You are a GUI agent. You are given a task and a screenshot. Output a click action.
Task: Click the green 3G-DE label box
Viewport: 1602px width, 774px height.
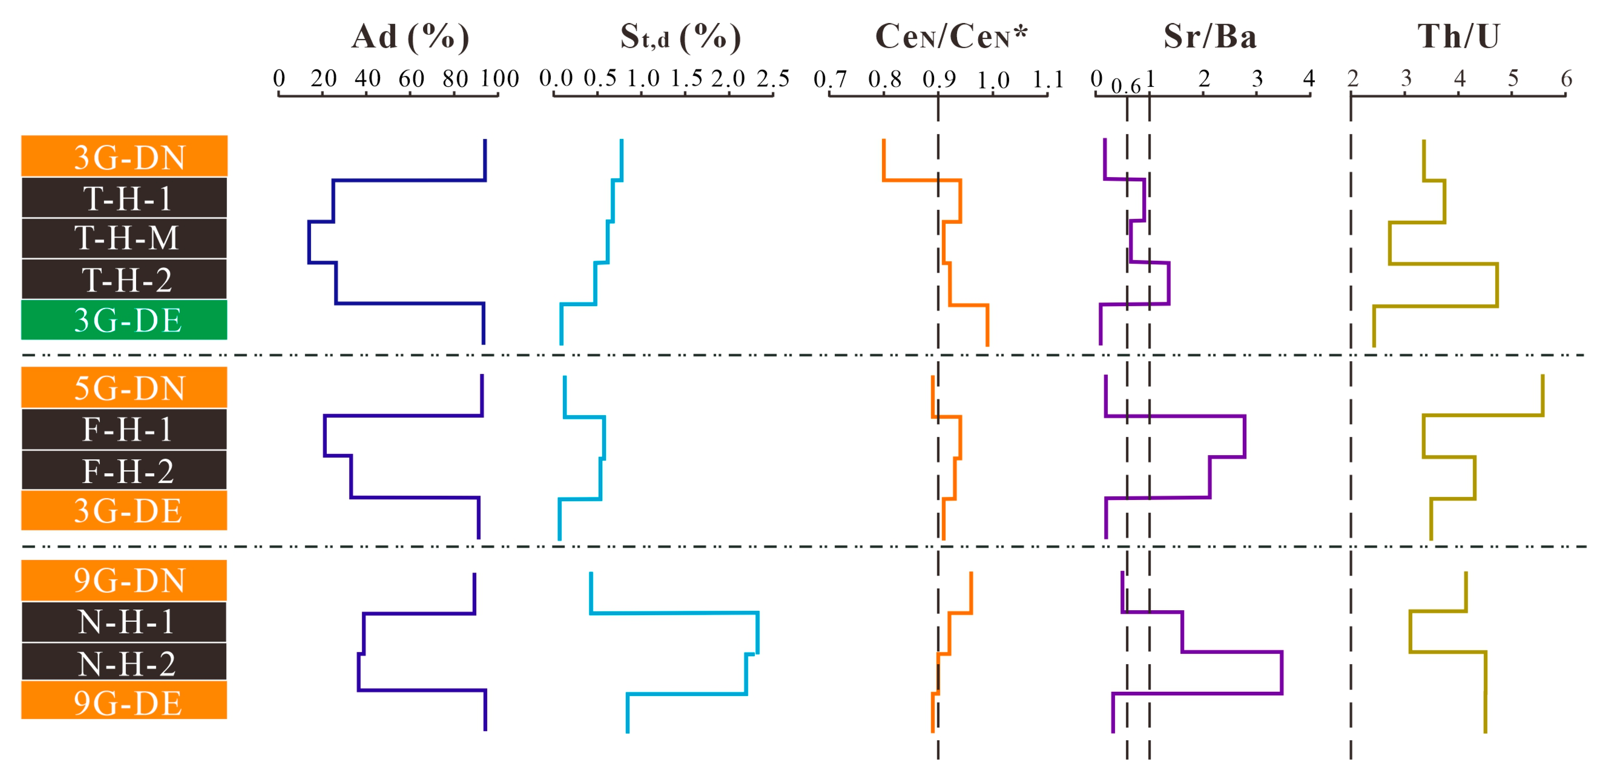click(124, 320)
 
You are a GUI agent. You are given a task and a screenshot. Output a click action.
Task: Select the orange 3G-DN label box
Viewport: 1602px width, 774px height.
click(124, 156)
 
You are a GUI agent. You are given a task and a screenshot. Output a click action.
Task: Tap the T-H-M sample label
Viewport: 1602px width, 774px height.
click(124, 238)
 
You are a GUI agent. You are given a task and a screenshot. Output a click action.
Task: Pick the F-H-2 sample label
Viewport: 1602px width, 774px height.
click(124, 471)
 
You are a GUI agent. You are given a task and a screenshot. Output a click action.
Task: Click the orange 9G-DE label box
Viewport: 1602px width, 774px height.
click(124, 701)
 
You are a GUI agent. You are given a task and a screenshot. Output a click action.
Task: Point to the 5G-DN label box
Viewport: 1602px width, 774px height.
click(124, 387)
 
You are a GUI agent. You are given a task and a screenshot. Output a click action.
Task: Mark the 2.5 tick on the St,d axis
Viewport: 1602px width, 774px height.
click(773, 79)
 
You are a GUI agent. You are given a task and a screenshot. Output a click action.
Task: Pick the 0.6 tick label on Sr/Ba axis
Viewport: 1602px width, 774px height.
click(1126, 86)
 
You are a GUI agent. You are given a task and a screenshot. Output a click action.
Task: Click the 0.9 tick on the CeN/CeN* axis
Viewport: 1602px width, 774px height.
click(938, 79)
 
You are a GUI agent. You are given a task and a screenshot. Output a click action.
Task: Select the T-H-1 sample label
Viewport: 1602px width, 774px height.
click(124, 198)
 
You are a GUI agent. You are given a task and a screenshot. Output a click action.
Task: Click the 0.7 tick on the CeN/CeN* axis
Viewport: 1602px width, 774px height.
click(830, 79)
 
